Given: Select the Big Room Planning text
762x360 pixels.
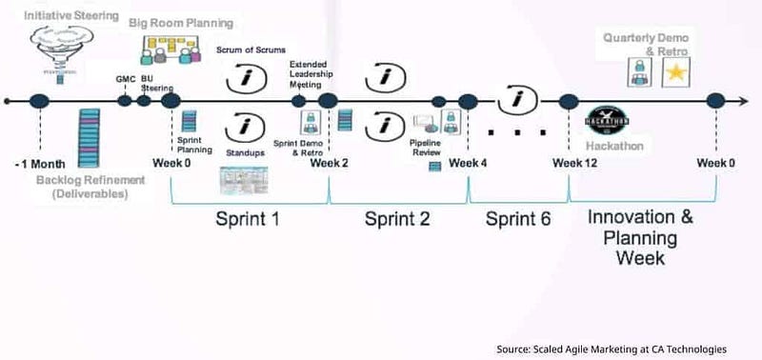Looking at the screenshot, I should [x=181, y=23].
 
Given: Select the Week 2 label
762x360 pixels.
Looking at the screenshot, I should [x=329, y=163].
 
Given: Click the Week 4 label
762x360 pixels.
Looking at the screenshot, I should [x=469, y=163].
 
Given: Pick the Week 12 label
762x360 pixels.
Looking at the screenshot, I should [x=574, y=163].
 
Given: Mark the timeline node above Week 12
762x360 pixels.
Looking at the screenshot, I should [x=569, y=101].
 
